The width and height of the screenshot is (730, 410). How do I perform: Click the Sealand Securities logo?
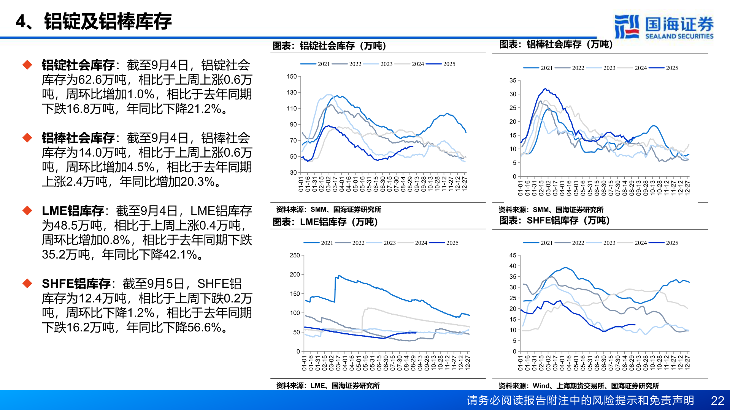663,27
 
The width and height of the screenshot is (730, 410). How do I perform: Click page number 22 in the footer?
717,401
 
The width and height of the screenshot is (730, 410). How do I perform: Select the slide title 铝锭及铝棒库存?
108,21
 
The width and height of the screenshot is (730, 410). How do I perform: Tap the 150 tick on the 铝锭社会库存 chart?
292,76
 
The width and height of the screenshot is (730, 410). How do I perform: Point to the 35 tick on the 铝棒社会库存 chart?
513,80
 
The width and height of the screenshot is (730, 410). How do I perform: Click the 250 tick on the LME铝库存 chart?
295,255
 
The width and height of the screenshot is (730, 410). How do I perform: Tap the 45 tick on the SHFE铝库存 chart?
513,255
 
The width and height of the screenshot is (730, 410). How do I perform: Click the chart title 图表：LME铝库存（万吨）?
325,222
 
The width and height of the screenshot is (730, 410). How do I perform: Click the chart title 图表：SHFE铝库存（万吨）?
554,220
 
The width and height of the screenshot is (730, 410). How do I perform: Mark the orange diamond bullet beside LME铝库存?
27,210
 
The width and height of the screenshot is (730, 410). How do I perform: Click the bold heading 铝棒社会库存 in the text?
78,138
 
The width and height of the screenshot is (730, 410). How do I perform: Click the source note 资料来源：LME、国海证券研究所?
327,385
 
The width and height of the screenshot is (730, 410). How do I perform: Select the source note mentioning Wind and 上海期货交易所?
578,386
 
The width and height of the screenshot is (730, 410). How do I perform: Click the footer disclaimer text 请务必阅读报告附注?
580,401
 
